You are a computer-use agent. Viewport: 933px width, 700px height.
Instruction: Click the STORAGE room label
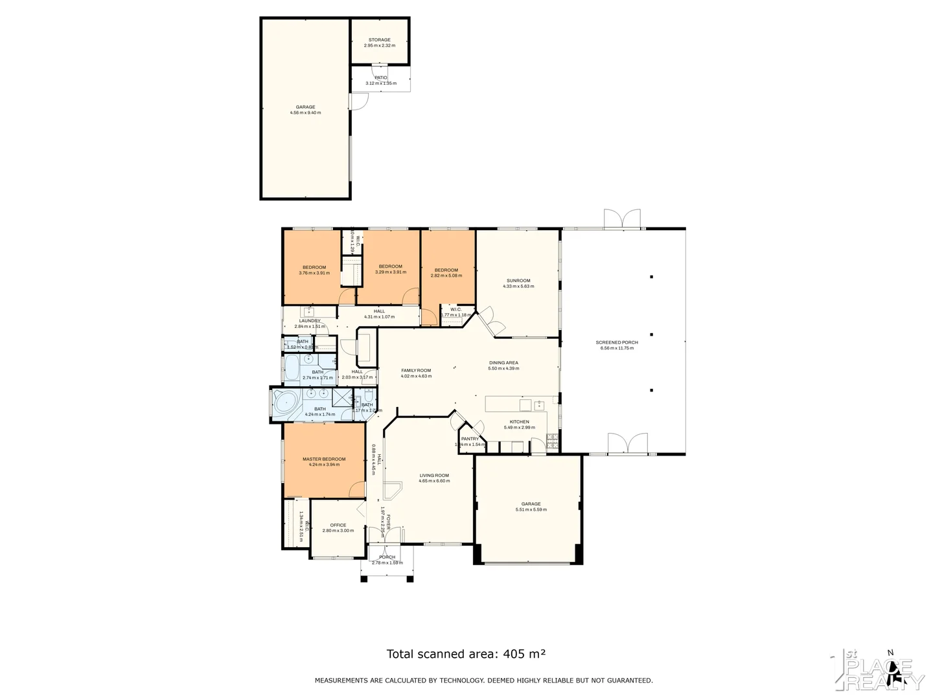pos(380,40)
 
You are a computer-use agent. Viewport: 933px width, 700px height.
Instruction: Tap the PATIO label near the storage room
pos(380,78)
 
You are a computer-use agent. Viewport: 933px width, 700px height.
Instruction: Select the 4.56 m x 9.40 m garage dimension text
pos(305,113)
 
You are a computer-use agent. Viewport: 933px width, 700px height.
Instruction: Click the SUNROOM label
pos(518,281)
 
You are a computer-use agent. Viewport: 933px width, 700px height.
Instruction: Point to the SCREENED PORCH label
pos(617,342)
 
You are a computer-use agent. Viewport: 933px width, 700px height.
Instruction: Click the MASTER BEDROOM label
pos(324,459)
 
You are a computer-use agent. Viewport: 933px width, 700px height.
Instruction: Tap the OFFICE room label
pos(338,525)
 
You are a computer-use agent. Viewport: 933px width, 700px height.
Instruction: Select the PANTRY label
pos(470,439)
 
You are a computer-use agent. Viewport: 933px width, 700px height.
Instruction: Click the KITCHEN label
pos(519,422)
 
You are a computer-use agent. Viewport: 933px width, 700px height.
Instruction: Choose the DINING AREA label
pos(503,363)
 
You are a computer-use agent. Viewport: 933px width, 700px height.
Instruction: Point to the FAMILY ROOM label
pos(416,370)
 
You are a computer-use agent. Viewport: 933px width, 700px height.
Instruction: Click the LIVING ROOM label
pos(433,475)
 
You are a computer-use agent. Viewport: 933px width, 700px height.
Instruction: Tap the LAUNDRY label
pos(310,321)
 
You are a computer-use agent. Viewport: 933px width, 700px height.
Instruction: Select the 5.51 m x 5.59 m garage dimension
pos(531,509)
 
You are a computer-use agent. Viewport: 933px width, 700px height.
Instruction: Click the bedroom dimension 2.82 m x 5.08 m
pos(446,275)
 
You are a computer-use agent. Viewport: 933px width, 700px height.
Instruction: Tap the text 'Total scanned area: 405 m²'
pos(466,654)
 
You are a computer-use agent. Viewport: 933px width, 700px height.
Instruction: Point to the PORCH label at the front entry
pos(387,557)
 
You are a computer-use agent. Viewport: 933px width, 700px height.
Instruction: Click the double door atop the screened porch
pos(622,219)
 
